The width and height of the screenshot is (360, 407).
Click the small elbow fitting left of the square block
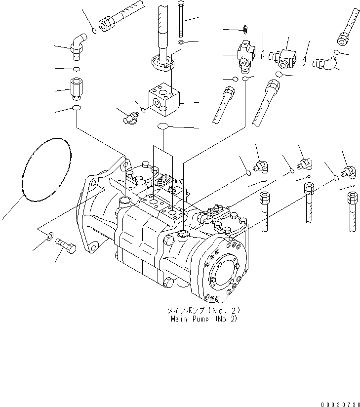coord(130,116)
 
